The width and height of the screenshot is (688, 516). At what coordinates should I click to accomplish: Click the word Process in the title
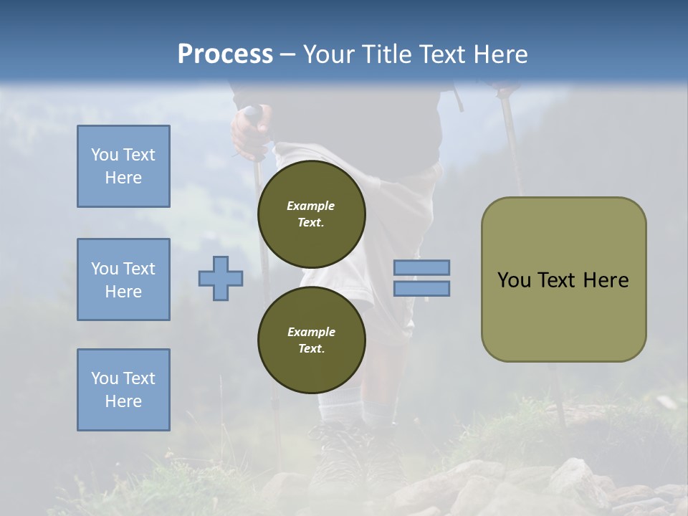pyautogui.click(x=225, y=54)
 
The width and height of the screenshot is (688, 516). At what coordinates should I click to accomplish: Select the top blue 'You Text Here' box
pyautogui.click(x=123, y=166)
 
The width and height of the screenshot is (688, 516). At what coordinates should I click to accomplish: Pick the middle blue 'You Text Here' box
pyautogui.click(x=123, y=279)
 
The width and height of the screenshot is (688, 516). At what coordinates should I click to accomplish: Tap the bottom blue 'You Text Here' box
pyautogui.click(x=123, y=389)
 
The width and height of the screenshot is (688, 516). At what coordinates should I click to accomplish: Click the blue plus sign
pyautogui.click(x=221, y=277)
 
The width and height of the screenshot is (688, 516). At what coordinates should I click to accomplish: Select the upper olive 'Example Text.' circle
pyautogui.click(x=311, y=214)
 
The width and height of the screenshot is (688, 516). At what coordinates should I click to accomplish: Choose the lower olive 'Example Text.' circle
pyautogui.click(x=311, y=340)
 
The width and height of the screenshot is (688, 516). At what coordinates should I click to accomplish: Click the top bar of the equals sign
pyautogui.click(x=421, y=267)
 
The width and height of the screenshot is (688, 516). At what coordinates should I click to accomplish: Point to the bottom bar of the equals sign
pyautogui.click(x=421, y=288)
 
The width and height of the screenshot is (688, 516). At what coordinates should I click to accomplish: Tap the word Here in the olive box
pyautogui.click(x=606, y=280)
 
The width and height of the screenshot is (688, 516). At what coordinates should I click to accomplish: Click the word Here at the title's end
pyautogui.click(x=501, y=54)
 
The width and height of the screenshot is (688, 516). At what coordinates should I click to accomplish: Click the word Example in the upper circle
pyautogui.click(x=310, y=206)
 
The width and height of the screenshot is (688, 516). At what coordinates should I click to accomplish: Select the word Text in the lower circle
pyautogui.click(x=310, y=349)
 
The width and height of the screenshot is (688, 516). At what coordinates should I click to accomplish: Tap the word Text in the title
pyautogui.click(x=442, y=54)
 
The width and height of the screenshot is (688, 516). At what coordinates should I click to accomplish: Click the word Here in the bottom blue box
pyautogui.click(x=123, y=401)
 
